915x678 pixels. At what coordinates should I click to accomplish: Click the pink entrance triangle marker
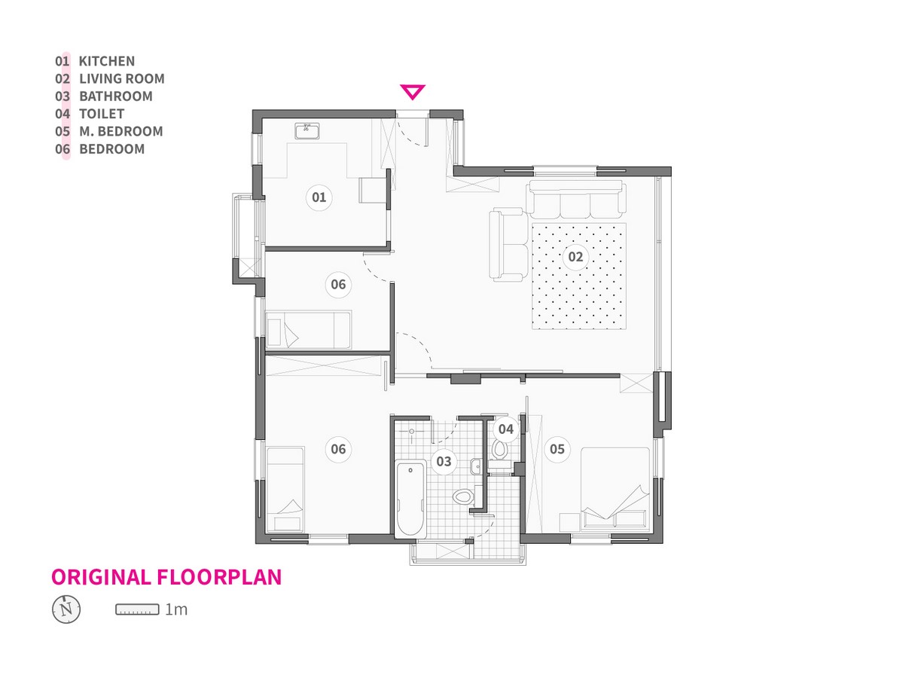click(x=412, y=91)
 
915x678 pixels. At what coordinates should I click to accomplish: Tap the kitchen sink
click(x=307, y=130)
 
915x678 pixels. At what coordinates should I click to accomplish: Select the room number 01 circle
click(x=319, y=197)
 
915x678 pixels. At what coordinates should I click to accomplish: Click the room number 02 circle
click(x=575, y=257)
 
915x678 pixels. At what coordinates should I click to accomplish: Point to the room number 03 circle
click(x=444, y=461)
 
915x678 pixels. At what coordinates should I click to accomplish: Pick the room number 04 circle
click(x=505, y=429)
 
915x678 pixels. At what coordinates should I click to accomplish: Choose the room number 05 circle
click(x=557, y=448)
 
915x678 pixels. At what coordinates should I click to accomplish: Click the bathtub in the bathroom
click(x=410, y=499)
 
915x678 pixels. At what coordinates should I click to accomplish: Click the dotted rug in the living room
click(x=578, y=276)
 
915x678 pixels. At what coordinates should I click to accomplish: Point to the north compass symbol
click(x=66, y=609)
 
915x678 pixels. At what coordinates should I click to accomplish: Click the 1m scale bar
click(x=137, y=609)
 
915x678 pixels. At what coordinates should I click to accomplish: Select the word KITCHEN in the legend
click(x=106, y=61)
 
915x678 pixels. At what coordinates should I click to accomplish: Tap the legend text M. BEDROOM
click(x=121, y=131)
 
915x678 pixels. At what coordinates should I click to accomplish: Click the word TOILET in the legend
click(x=102, y=114)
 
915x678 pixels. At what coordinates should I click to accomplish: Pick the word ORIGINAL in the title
click(x=101, y=577)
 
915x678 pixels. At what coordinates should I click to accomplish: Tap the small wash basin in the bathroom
click(x=475, y=467)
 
